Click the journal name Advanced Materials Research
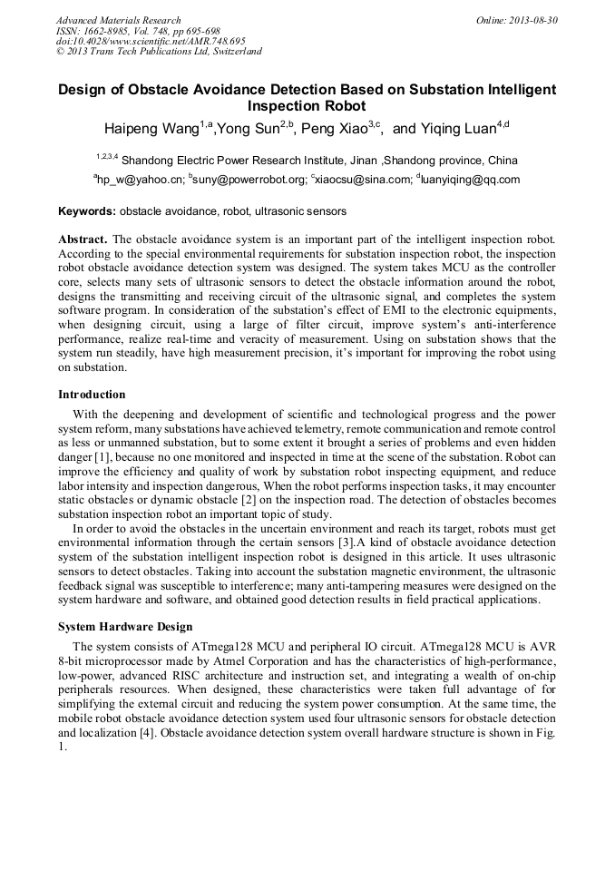pos(118,20)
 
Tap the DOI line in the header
pos(151,41)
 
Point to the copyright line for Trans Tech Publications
pos(159,52)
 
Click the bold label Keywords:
pos(87,211)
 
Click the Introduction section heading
pos(92,395)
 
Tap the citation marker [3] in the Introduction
pos(345,543)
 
